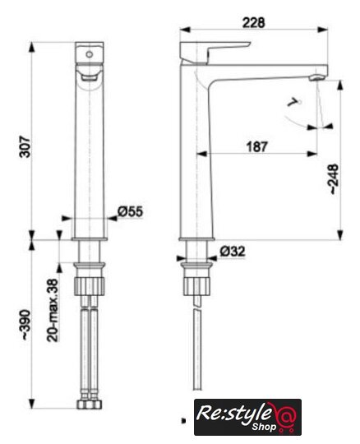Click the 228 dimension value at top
tap(254, 23)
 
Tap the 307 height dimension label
tap(25, 146)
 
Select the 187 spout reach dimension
tap(256, 146)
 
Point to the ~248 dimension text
tap(334, 178)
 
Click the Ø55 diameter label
tap(131, 211)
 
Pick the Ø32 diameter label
tap(233, 251)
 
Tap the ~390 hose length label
tap(25, 325)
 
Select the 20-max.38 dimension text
tap(53, 310)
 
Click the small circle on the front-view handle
tap(89, 54)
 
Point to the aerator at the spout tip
tap(316, 77)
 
